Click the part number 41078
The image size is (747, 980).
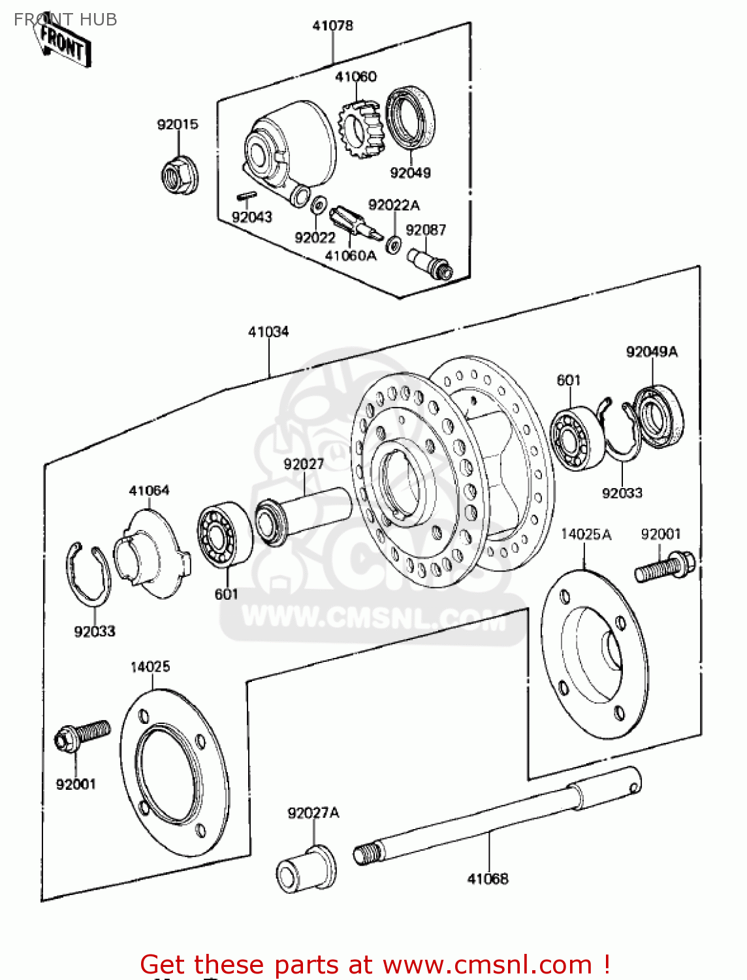click(x=332, y=25)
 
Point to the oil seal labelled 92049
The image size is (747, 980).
click(x=411, y=118)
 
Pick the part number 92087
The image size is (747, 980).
click(x=426, y=230)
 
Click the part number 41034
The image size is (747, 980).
click(x=268, y=332)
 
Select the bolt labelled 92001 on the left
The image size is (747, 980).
click(x=82, y=734)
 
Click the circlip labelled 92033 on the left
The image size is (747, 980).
click(x=88, y=576)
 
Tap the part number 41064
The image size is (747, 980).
click(x=149, y=491)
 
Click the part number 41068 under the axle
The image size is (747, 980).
click(x=487, y=879)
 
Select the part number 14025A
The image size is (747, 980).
click(x=586, y=534)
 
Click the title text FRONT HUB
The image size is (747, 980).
click(x=65, y=20)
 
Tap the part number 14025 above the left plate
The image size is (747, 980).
click(x=150, y=666)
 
